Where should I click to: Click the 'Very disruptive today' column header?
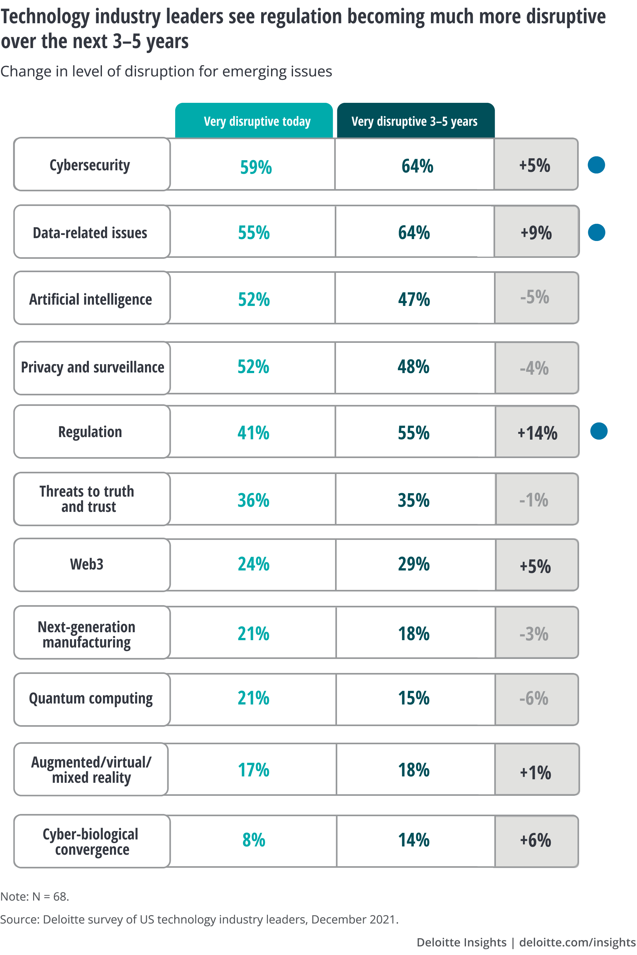pyautogui.click(x=257, y=121)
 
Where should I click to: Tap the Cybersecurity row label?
pyautogui.click(x=90, y=165)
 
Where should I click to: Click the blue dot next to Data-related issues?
pyautogui.click(x=596, y=232)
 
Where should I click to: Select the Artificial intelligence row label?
pyautogui.click(x=90, y=299)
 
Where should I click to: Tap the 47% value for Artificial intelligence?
pyautogui.click(x=413, y=299)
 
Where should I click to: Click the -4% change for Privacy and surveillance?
pyautogui.click(x=534, y=368)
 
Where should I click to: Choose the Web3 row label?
pyautogui.click(x=87, y=564)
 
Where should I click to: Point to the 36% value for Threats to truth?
pyautogui.click(x=253, y=500)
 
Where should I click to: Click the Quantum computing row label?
pyautogui.click(x=90, y=698)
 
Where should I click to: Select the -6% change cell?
pyautogui.click(x=534, y=698)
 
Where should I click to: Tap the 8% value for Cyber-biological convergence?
pyautogui.click(x=254, y=840)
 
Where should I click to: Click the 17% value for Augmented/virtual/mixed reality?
pyautogui.click(x=253, y=770)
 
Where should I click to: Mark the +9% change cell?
pyautogui.click(x=536, y=233)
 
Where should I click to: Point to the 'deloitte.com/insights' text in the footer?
pyautogui.click(x=577, y=942)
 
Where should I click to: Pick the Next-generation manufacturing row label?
pyautogui.click(x=87, y=634)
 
